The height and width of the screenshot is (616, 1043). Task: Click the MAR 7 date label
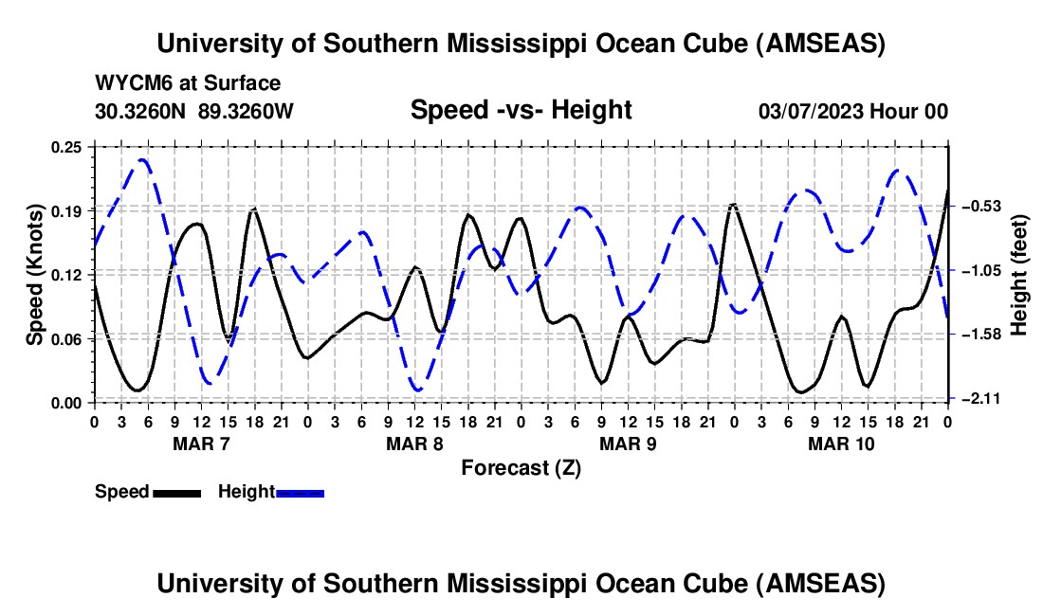[x=200, y=444]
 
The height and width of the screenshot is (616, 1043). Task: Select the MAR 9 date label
[x=627, y=444]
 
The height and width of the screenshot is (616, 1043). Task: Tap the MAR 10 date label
[x=840, y=444]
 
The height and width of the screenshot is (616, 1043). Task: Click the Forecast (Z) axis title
[x=521, y=468]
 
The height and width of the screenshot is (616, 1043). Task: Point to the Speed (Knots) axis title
[x=35, y=275]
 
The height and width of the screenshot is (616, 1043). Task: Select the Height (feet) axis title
[x=1019, y=275]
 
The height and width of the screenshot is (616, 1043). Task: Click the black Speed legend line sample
[x=176, y=493]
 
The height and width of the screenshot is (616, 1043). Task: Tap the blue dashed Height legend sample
[x=300, y=493]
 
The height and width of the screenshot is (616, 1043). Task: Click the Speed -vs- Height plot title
[x=521, y=111]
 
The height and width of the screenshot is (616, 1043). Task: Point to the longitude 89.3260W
[x=247, y=111]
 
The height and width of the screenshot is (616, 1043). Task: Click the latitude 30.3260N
[x=141, y=111]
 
